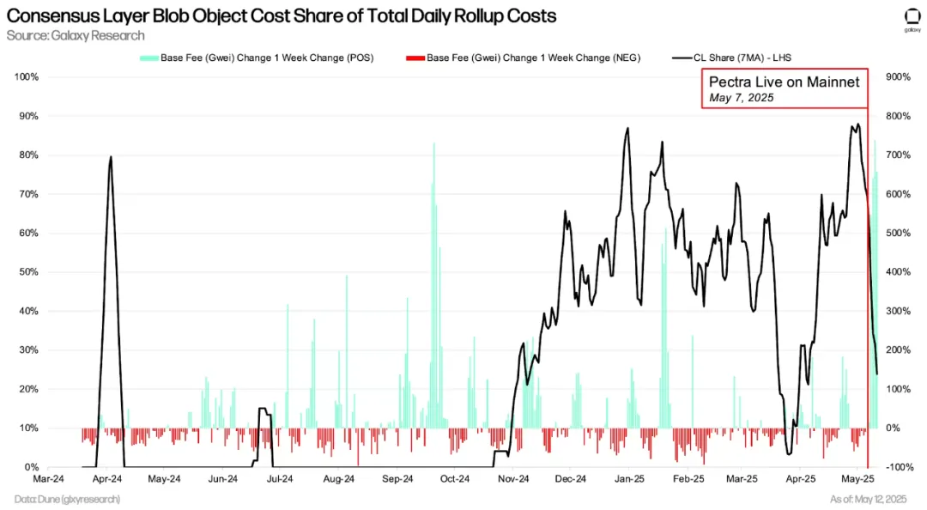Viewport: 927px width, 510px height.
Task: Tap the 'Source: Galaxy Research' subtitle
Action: pyautogui.click(x=76, y=36)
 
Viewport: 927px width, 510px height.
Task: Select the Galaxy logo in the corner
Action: pyautogui.click(x=912, y=18)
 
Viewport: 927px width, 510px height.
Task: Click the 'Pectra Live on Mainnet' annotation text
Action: pyautogui.click(x=784, y=82)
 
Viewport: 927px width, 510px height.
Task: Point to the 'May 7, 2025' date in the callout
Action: pyautogui.click(x=742, y=99)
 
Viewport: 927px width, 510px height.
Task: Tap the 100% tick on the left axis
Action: pyautogui.click(x=27, y=77)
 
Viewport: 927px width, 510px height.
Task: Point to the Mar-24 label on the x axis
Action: pyautogui.click(x=49, y=480)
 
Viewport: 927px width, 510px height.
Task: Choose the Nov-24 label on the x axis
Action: pyautogui.click(x=512, y=480)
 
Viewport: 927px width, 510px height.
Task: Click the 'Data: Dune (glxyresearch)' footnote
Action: pyautogui.click(x=67, y=499)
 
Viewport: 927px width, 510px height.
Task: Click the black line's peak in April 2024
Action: pyautogui.click(x=111, y=157)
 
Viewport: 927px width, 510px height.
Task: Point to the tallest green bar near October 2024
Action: pyautogui.click(x=433, y=144)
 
